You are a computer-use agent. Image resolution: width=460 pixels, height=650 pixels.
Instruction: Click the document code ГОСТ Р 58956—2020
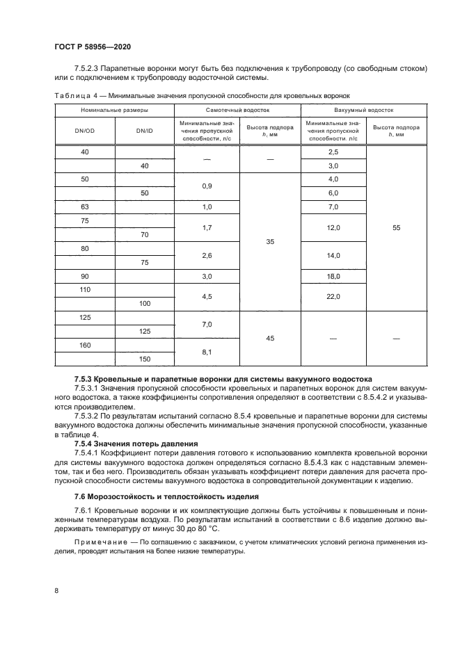tap(92, 47)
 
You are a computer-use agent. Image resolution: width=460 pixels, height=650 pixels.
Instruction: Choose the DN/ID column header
tap(144, 130)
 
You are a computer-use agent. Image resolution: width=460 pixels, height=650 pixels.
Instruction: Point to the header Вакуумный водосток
tap(363, 110)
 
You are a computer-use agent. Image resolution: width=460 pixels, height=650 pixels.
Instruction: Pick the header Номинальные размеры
tap(113, 110)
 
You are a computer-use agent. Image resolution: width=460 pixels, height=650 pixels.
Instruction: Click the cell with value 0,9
tap(207, 186)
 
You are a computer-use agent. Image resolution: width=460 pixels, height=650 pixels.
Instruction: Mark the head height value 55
tap(396, 227)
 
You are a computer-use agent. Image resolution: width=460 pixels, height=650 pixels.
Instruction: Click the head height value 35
tap(270, 242)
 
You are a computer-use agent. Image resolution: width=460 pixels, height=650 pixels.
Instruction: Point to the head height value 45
tap(270, 339)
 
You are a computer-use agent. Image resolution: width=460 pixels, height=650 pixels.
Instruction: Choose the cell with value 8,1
tap(207, 352)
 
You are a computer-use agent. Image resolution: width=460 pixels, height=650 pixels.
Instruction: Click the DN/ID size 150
tap(144, 359)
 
